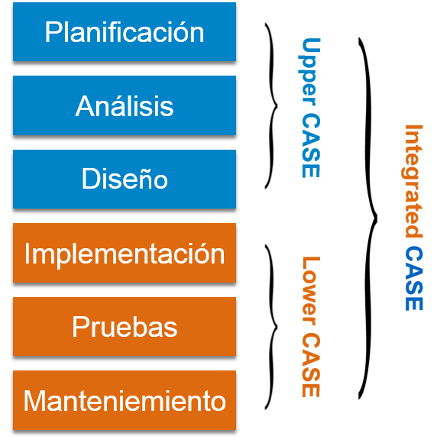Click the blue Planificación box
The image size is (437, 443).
click(125, 31)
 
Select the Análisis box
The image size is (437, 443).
click(125, 105)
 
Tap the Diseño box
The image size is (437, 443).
click(125, 179)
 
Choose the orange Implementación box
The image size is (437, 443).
click(125, 253)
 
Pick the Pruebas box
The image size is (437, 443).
click(125, 327)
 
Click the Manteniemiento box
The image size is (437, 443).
click(125, 400)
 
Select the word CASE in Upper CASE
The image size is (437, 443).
click(311, 145)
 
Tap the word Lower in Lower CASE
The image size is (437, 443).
click(311, 291)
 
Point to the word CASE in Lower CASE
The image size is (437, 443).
click(311, 365)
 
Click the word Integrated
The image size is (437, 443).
click(412, 181)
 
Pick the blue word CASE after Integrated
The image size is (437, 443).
click(414, 278)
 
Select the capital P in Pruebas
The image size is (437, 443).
click(79, 327)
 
